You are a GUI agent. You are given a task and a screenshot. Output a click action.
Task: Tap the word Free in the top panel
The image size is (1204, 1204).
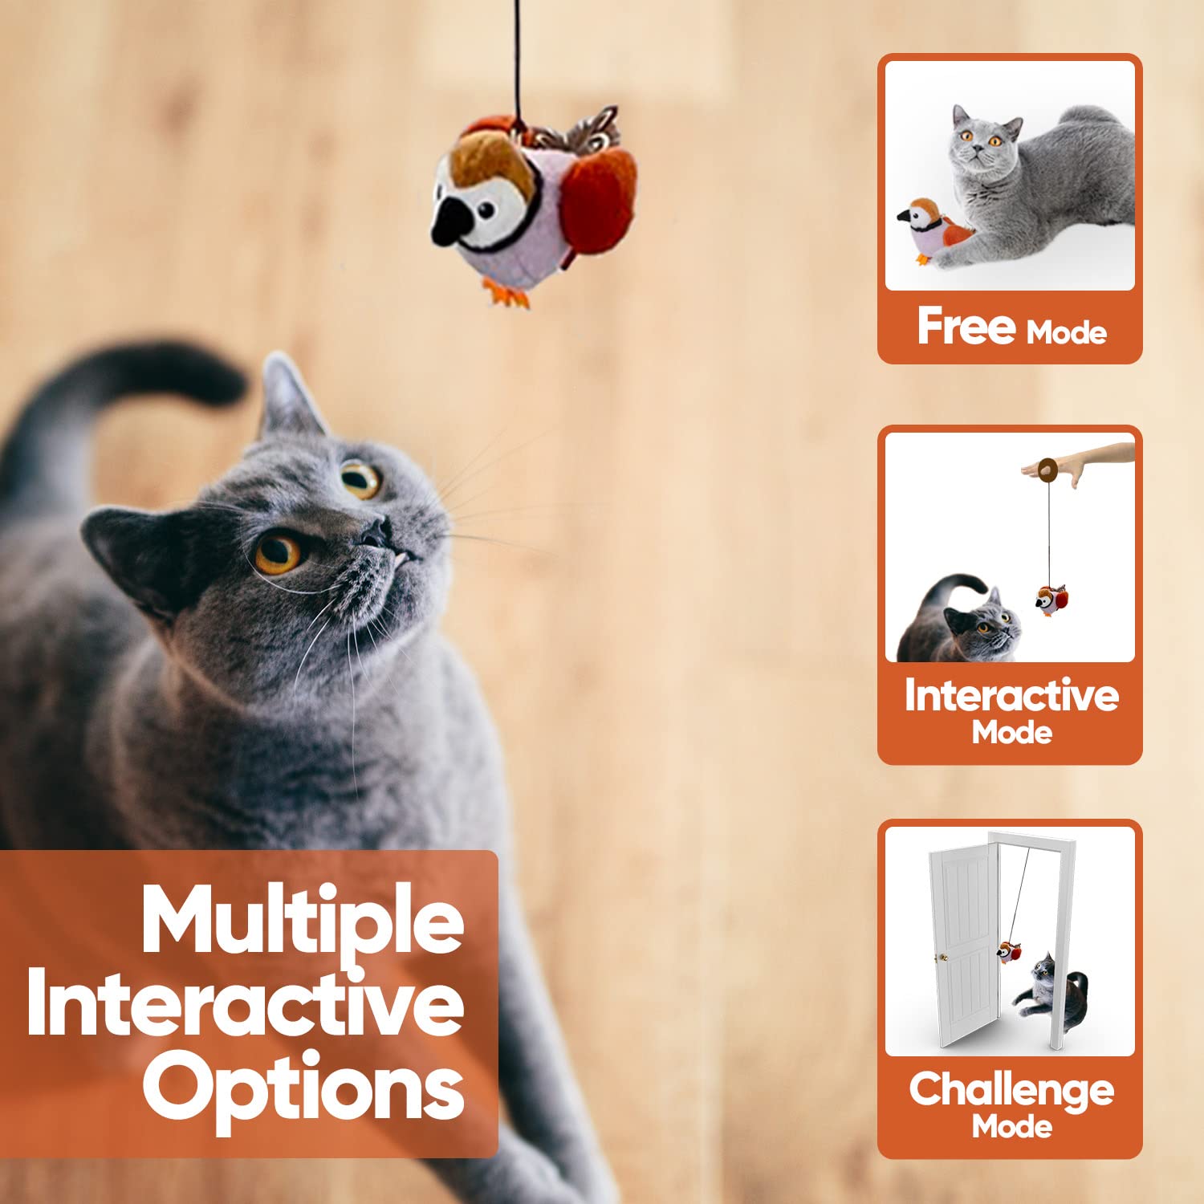click(966, 326)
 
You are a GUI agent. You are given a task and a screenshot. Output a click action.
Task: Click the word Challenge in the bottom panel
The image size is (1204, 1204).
click(1011, 1091)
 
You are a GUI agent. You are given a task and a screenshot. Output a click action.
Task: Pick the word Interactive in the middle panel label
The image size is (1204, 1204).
click(1011, 695)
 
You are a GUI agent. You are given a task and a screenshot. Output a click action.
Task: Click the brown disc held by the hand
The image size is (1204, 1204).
click(1048, 470)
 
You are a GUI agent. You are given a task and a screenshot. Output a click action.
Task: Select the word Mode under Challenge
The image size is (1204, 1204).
click(1012, 1128)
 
